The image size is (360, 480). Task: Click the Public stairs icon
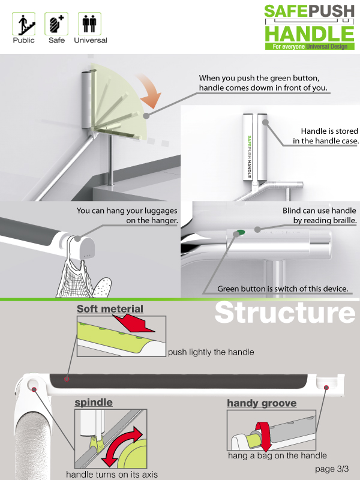tap(23, 23)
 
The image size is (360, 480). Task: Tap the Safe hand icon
tap(56, 23)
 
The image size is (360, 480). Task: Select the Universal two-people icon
tap(89, 23)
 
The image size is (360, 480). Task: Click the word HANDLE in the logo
tap(310, 34)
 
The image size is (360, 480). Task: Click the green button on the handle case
tap(241, 232)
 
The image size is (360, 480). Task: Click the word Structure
tap(285, 313)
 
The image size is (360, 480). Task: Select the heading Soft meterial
tap(110, 309)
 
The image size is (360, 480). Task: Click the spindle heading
tap(94, 402)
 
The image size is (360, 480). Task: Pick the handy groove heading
tap(262, 403)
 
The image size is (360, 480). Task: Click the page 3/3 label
tap(332, 469)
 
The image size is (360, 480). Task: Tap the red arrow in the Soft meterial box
tap(134, 323)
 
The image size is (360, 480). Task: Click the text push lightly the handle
tap(211, 352)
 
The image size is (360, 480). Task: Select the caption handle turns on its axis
tap(112, 475)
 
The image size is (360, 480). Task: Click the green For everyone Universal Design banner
tap(310, 47)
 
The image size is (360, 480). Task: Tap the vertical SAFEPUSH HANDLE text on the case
tap(249, 157)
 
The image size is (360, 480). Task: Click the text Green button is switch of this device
tap(283, 289)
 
